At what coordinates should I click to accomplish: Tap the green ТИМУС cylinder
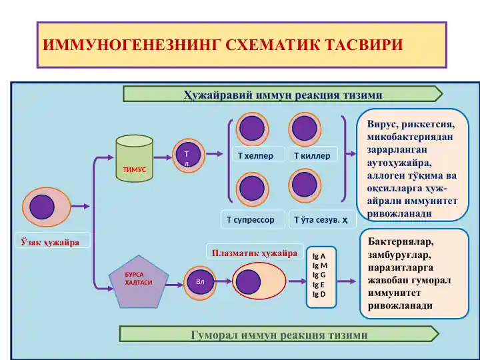point(135,160)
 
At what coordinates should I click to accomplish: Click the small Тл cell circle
point(187,155)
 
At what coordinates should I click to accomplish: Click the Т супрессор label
point(251,219)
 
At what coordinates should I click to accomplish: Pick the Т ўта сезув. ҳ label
point(321,219)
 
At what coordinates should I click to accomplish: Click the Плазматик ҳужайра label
point(254,253)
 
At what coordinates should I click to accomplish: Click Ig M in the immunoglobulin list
point(320,265)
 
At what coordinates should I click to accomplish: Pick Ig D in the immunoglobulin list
point(319,294)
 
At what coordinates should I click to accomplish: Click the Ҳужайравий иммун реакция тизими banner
point(283,94)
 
